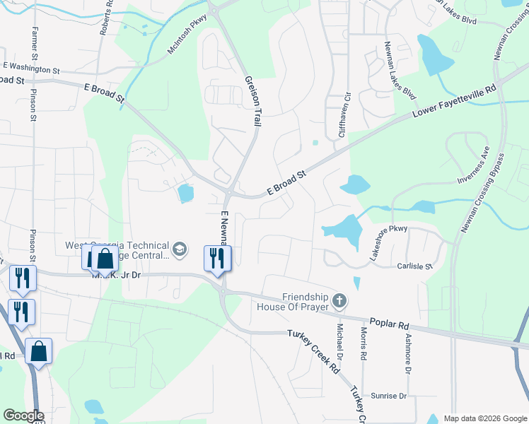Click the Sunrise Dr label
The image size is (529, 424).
tap(388, 396)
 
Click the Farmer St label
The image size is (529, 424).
tap(34, 44)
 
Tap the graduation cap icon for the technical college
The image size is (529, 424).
tap(180, 249)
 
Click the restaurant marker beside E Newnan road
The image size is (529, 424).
tap(216, 258)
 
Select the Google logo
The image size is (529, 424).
tap(23, 416)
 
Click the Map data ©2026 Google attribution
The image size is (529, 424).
tap(484, 418)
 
